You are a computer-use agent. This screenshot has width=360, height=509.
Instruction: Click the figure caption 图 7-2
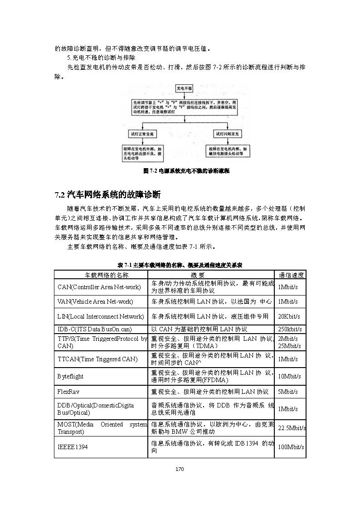click(x=186, y=171)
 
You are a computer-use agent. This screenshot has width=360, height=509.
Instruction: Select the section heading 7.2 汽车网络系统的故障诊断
click(x=108, y=195)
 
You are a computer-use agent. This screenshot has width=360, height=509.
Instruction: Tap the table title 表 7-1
click(x=180, y=265)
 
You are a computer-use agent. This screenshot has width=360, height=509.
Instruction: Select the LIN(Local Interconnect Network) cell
click(x=101, y=316)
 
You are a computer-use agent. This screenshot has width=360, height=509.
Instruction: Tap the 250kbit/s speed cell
click(x=290, y=329)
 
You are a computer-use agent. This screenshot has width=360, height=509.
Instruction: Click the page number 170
click(x=180, y=469)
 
